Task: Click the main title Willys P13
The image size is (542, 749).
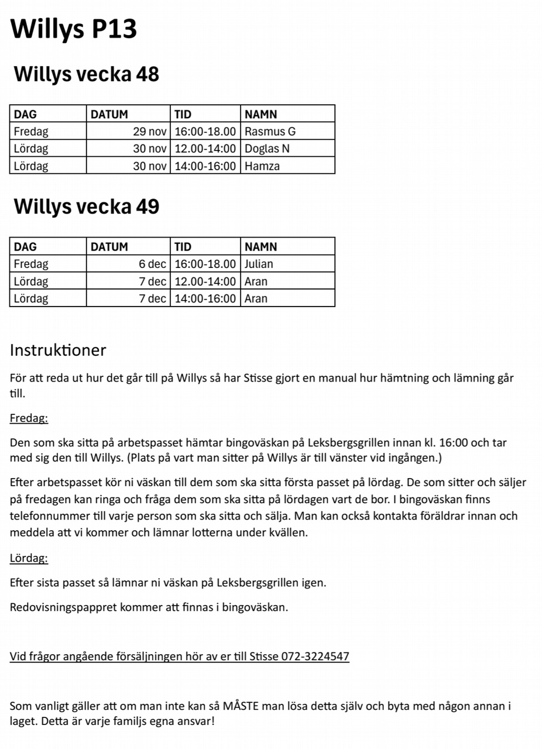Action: coord(74,28)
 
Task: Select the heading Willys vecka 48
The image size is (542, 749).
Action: coord(86,74)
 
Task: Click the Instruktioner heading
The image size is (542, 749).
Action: coord(58,350)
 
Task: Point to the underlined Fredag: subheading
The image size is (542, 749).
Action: coord(29,418)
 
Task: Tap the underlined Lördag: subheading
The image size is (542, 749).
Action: coord(29,558)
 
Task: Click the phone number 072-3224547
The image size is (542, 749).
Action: coord(315,657)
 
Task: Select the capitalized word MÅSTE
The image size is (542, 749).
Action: coord(238,706)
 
